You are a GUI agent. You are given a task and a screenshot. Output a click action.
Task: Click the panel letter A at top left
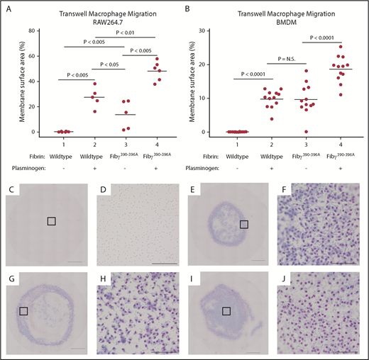point(8,9)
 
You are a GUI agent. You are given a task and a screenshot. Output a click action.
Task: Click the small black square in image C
point(52,221)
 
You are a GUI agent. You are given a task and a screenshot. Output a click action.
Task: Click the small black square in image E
point(245,224)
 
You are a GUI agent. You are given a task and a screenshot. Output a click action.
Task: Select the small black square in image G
point(23,310)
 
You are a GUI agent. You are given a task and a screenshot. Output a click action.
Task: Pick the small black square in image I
point(226,310)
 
